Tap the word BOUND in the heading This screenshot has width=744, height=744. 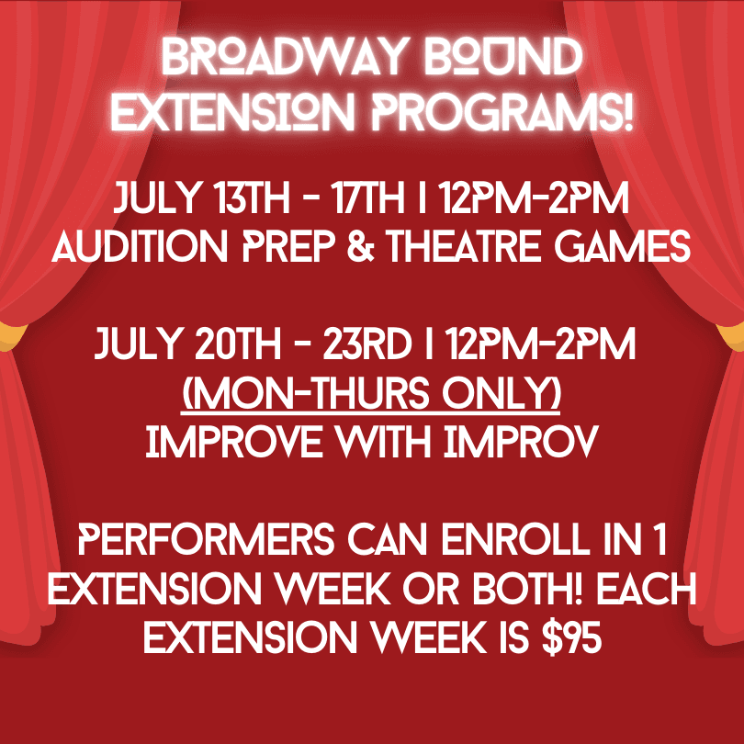pyautogui.click(x=503, y=57)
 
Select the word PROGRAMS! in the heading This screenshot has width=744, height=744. pyautogui.click(x=502, y=112)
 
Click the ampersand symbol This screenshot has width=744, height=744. pyautogui.click(x=361, y=246)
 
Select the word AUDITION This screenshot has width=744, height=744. pyautogui.click(x=140, y=246)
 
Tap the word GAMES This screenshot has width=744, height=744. pyautogui.click(x=623, y=246)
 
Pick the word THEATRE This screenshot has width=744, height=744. pyautogui.click(x=465, y=246)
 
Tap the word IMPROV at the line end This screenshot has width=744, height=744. pyautogui.click(x=521, y=442)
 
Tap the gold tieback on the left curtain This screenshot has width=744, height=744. pyautogui.click(x=10, y=335)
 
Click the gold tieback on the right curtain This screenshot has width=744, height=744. pyautogui.click(x=732, y=336)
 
